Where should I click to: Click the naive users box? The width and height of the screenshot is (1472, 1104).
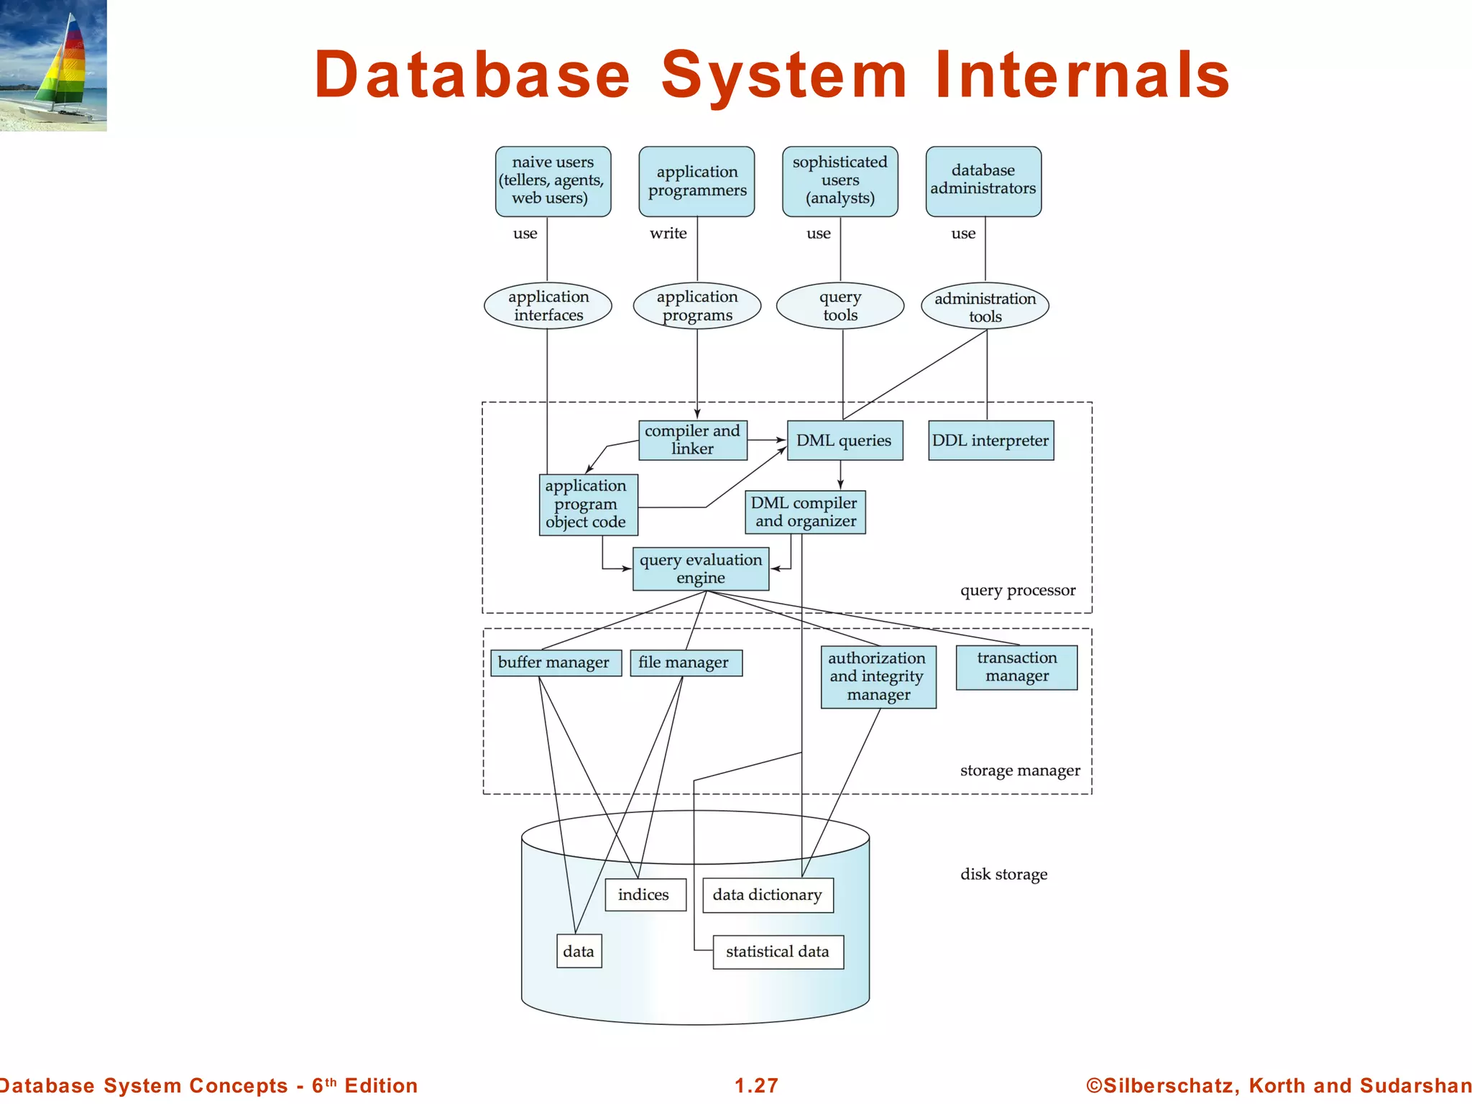pos(553,181)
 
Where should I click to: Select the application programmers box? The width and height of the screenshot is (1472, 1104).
pos(696,181)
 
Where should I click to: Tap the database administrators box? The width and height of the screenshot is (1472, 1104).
pos(983,181)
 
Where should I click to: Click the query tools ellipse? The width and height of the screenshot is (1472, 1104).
pos(839,305)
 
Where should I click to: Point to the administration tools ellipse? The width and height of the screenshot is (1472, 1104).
pos(985,306)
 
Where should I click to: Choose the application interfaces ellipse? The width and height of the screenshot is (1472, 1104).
pos(548,305)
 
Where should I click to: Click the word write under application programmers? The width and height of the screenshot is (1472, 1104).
pos(668,234)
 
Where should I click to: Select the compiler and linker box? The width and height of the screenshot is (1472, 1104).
pos(692,440)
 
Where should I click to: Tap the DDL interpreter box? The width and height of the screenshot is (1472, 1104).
pos(990,440)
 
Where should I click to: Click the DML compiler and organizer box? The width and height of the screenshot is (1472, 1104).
pos(805,512)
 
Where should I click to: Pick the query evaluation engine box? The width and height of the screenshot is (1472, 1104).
pos(701,569)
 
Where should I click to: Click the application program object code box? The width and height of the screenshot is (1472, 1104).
pos(588,504)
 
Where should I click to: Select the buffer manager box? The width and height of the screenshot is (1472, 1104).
pos(554,662)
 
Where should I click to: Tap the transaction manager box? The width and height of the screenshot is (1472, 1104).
pos(1016,667)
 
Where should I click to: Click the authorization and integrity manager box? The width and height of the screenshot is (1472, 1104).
pos(878,676)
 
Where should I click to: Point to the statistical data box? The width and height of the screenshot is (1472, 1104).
pos(778,952)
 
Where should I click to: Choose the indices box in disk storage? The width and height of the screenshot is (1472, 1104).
pos(645,895)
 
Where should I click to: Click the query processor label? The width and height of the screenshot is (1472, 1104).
pos(1017,591)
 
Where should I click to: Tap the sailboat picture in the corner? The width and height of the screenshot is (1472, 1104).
pos(53,65)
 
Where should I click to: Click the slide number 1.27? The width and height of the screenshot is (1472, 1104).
pos(756,1085)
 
